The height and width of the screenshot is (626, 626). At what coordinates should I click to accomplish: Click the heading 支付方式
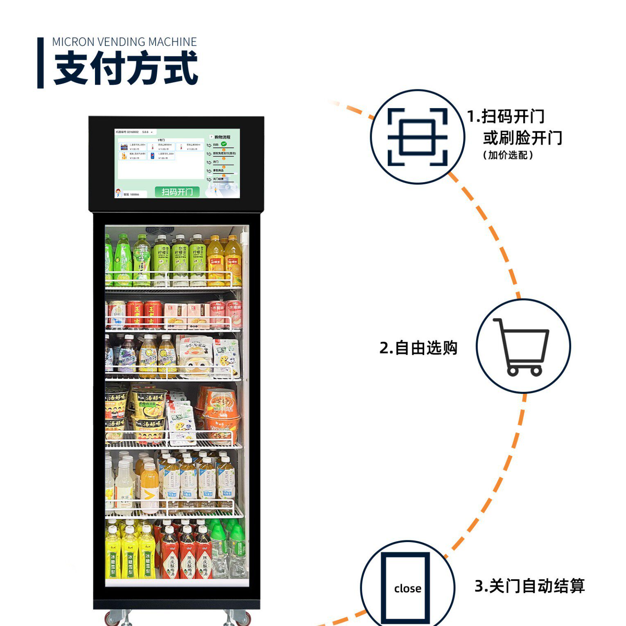[126, 68]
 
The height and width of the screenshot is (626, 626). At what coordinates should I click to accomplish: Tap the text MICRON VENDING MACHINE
[124, 42]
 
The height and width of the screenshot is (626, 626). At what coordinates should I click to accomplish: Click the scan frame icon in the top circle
[417, 137]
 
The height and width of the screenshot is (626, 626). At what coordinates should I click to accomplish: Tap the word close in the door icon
[407, 588]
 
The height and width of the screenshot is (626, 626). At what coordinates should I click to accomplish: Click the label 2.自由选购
[418, 348]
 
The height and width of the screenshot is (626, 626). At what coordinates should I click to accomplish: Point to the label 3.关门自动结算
[529, 586]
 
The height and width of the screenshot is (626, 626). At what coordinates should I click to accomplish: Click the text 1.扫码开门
[506, 117]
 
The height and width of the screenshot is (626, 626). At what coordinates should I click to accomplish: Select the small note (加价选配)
[508, 155]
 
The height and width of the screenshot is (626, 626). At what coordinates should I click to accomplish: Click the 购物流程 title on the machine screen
[222, 137]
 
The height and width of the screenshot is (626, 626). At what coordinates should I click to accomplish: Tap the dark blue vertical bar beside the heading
[41, 63]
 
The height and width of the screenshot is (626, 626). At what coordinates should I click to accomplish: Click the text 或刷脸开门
[522, 138]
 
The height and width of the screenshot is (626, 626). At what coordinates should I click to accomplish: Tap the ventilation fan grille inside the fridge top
[160, 230]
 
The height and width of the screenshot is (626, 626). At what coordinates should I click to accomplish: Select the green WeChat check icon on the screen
[224, 144]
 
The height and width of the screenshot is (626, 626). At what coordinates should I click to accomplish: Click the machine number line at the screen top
[133, 132]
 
